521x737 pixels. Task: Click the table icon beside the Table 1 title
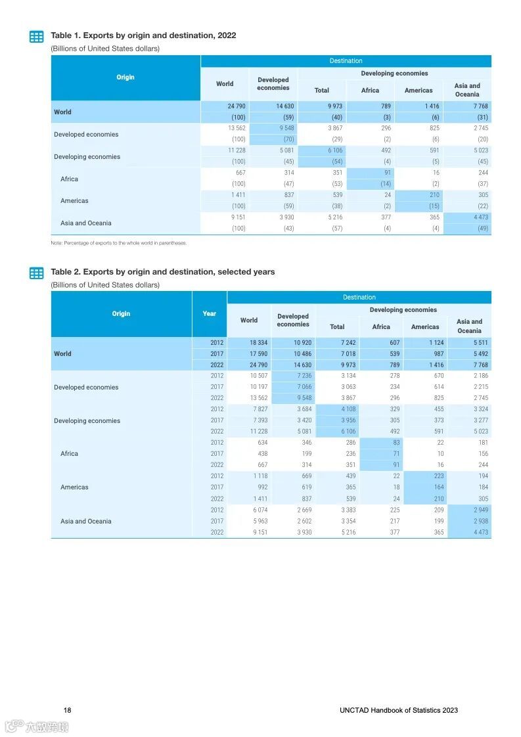point(37,37)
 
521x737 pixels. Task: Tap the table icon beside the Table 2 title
point(37,273)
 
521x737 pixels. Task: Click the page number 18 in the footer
point(68,710)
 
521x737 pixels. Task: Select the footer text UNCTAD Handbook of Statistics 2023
point(399,710)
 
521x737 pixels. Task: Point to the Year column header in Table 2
point(209,314)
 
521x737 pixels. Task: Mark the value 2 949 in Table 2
point(479,510)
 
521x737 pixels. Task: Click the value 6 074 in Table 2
point(258,510)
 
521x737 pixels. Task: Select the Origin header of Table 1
point(125,78)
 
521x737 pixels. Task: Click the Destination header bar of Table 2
point(359,298)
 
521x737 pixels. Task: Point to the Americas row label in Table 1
point(74,201)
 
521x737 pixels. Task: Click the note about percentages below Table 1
point(119,243)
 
